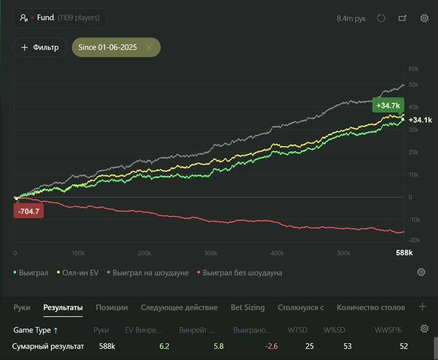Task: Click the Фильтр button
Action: (x=40, y=48)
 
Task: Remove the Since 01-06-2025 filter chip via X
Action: (x=149, y=48)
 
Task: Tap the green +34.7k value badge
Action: (x=388, y=105)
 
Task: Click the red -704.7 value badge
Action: (x=29, y=212)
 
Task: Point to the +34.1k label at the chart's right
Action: (x=420, y=120)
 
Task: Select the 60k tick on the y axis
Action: (x=413, y=69)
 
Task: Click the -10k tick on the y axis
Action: (x=413, y=219)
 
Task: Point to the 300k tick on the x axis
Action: (x=211, y=253)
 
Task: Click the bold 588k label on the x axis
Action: (x=404, y=253)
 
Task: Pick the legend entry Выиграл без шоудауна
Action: (x=242, y=273)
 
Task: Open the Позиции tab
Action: (x=111, y=307)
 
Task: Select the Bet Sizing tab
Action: (x=247, y=307)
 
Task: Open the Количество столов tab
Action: (x=370, y=307)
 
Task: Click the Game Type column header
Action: (x=36, y=329)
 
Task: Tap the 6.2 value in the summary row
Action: (x=165, y=346)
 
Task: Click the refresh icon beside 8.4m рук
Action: (x=381, y=18)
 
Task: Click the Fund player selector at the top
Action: (x=60, y=18)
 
